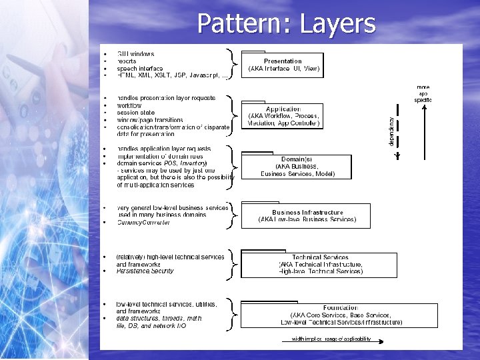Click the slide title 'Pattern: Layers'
(x=286, y=24)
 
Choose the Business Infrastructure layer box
(x=307, y=215)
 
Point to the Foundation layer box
(x=340, y=315)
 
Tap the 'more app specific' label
(x=423, y=93)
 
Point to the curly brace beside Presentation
(x=231, y=62)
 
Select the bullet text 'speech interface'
(x=140, y=68)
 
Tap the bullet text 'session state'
(x=135, y=112)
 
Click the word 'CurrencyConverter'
(x=143, y=223)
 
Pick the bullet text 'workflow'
(x=129, y=105)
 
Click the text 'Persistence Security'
(x=145, y=271)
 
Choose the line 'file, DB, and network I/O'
(x=152, y=325)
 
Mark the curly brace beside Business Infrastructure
(x=231, y=215)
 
